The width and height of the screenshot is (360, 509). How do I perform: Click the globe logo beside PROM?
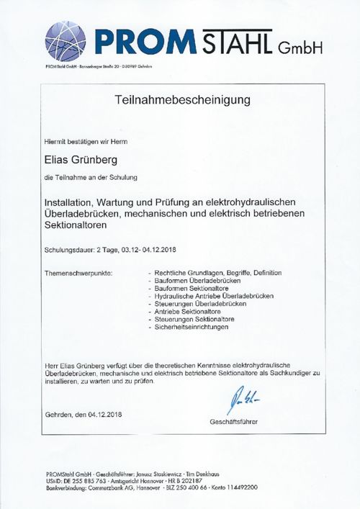[66, 37]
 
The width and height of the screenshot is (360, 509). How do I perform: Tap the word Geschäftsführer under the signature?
[233, 421]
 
